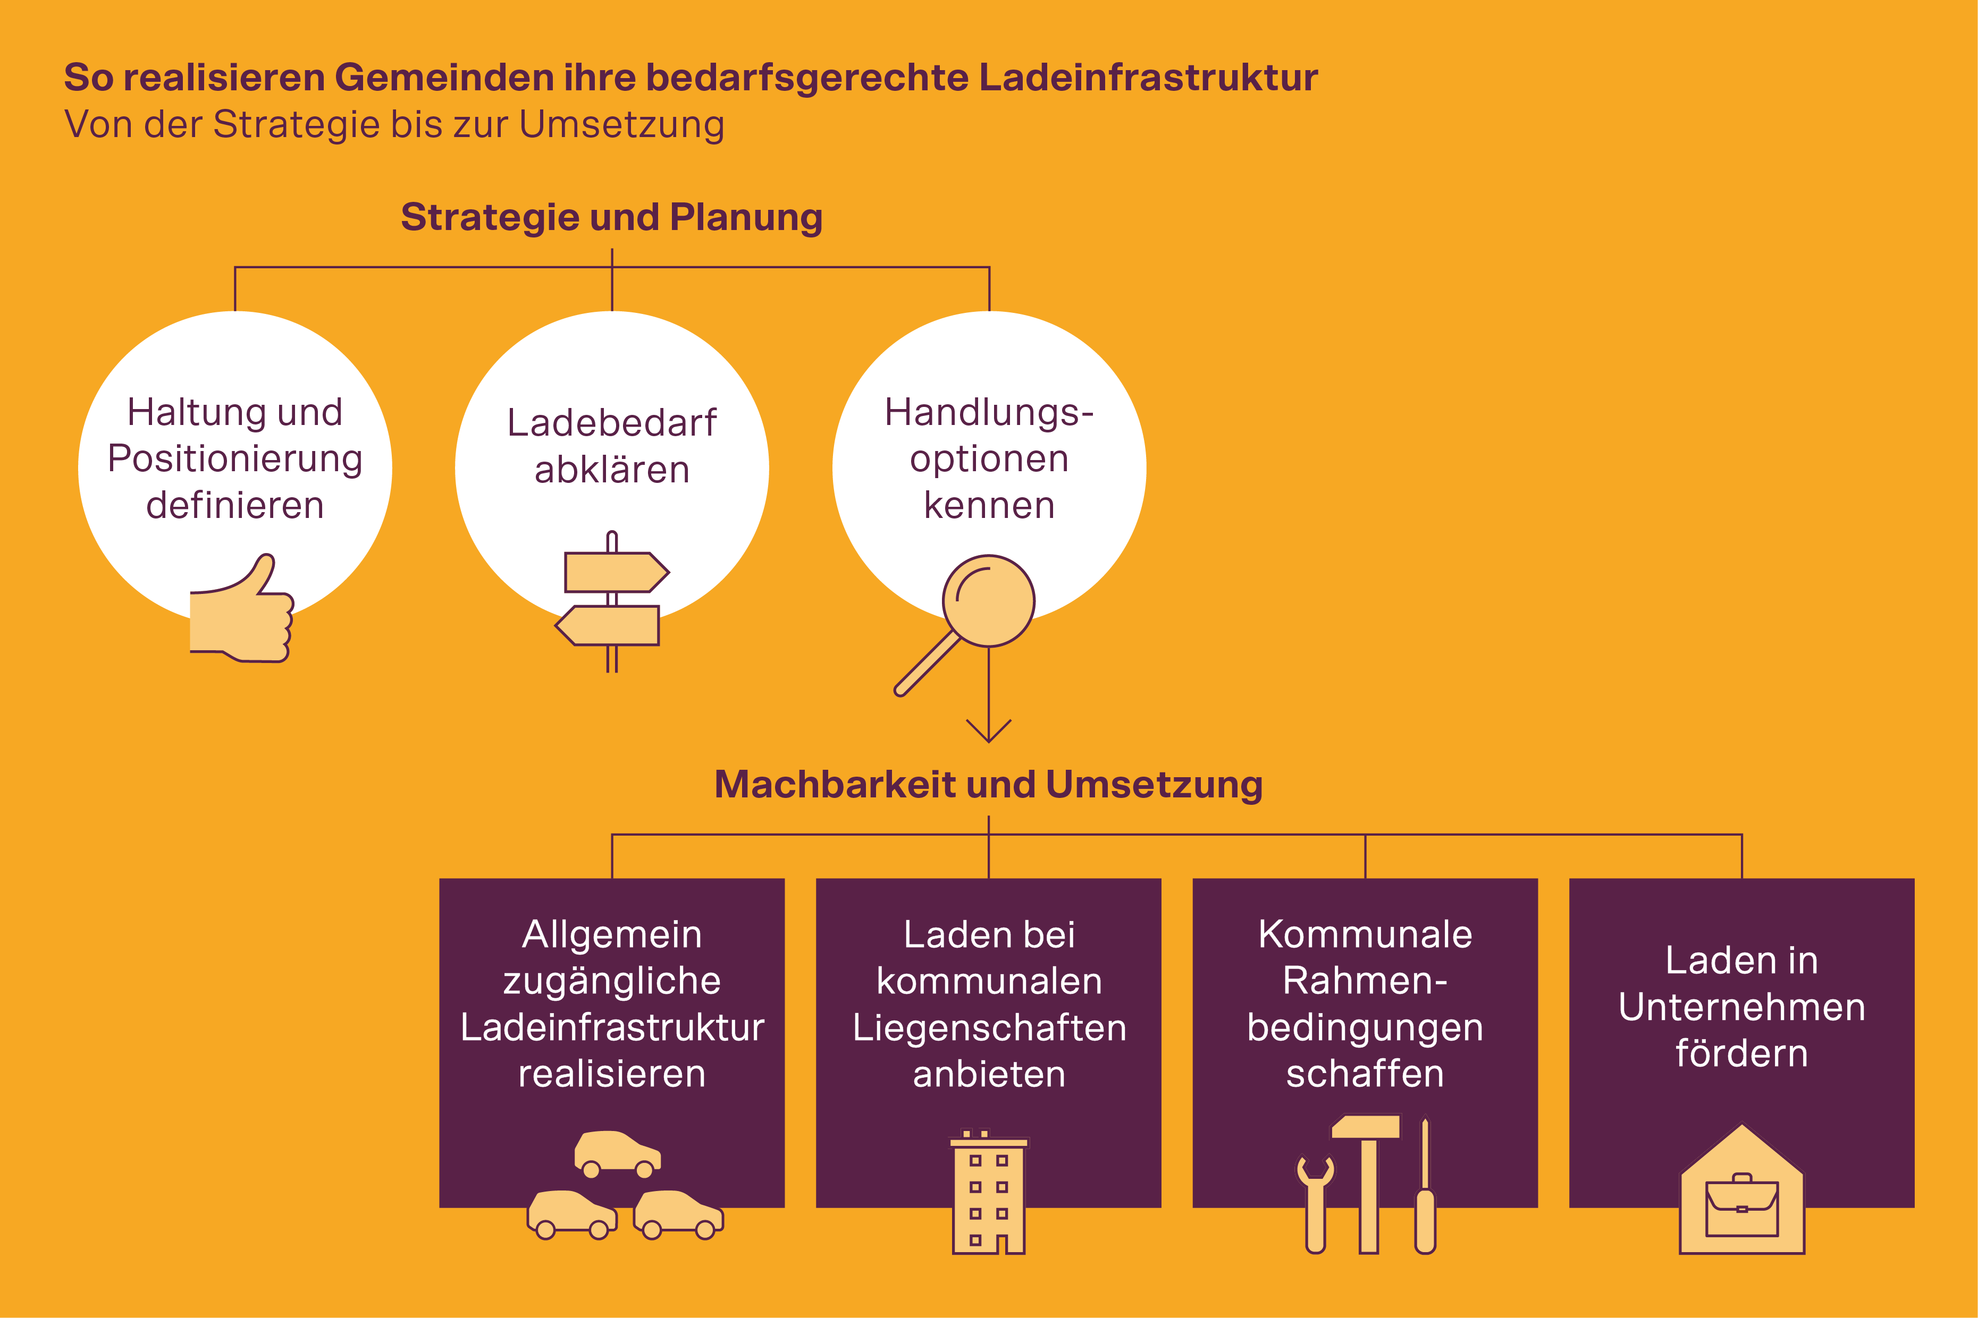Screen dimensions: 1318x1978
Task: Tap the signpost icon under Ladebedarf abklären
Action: pos(612,599)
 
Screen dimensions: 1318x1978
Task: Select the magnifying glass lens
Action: pos(988,600)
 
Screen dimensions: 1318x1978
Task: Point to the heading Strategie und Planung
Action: pos(611,217)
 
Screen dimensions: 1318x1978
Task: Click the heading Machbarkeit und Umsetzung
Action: pos(988,784)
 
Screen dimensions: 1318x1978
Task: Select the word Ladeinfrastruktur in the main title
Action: pos(1148,78)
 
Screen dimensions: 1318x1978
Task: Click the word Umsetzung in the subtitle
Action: pos(621,124)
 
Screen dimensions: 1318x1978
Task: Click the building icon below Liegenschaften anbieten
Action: pos(988,1194)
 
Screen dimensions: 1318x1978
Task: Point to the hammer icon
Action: pos(1367,1177)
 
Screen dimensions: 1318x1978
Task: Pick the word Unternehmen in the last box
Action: pos(1741,1007)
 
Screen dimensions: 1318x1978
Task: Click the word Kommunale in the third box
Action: pos(1365,934)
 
